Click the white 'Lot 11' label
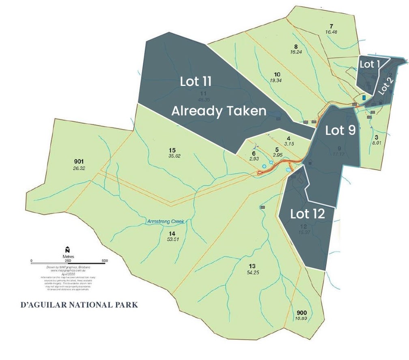(196, 81)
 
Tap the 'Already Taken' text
(218, 111)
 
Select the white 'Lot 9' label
(340, 130)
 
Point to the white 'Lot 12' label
(308, 214)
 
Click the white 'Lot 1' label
(369, 64)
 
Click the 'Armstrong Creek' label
(166, 222)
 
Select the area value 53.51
(173, 239)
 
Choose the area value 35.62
(173, 156)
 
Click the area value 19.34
(278, 81)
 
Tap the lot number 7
(332, 26)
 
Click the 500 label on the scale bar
(104, 260)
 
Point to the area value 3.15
(289, 144)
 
